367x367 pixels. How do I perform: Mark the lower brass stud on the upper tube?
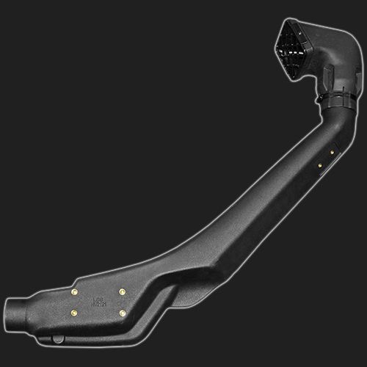(x=320, y=167)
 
